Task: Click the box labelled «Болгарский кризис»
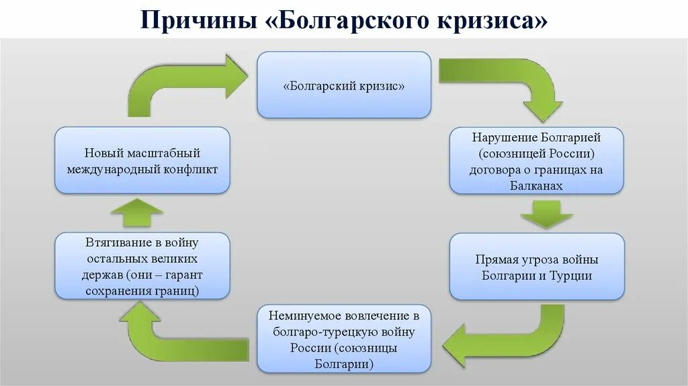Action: (x=343, y=86)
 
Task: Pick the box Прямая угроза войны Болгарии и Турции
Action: (x=536, y=267)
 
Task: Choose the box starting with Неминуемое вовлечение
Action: (x=343, y=339)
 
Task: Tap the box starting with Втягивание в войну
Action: (x=142, y=266)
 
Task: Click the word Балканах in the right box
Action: (x=536, y=185)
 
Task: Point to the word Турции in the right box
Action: (x=570, y=276)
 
